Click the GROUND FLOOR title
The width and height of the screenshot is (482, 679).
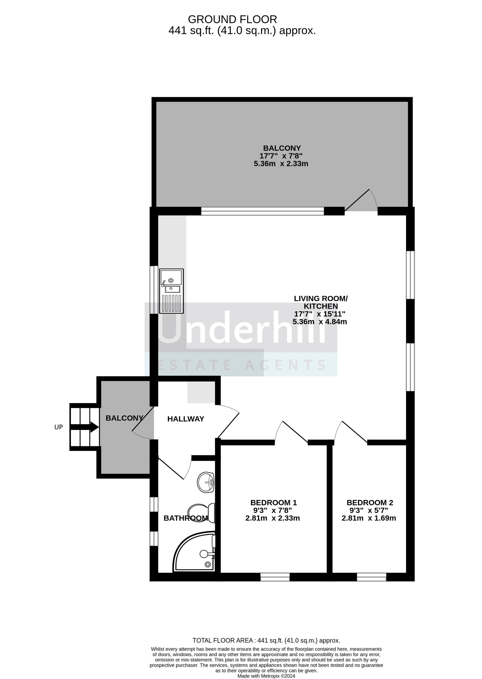point(232,19)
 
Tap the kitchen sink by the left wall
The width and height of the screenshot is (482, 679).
point(172,291)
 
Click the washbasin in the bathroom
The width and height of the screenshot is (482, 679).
point(206,482)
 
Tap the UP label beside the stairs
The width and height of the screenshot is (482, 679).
point(59,427)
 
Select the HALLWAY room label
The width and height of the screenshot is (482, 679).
point(186,419)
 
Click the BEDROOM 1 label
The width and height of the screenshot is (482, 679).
point(274,503)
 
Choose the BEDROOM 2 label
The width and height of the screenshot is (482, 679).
point(370,503)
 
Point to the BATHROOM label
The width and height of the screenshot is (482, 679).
point(186,518)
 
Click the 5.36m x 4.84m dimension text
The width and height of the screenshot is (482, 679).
point(320,322)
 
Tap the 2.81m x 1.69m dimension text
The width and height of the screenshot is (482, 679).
point(369,518)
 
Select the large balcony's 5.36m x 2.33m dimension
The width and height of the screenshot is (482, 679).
point(281,163)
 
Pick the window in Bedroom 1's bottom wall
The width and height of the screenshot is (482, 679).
point(275,577)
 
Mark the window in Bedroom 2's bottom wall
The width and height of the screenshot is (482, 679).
point(372,577)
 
